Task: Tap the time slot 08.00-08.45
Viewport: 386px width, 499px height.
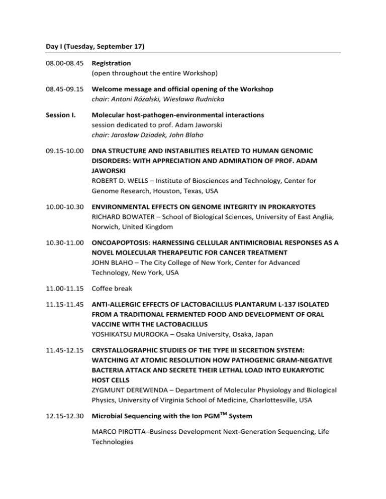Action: tap(63, 64)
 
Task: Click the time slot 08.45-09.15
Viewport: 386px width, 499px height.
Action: tap(63, 89)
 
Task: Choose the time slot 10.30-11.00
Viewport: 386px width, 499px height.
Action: tap(63, 243)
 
